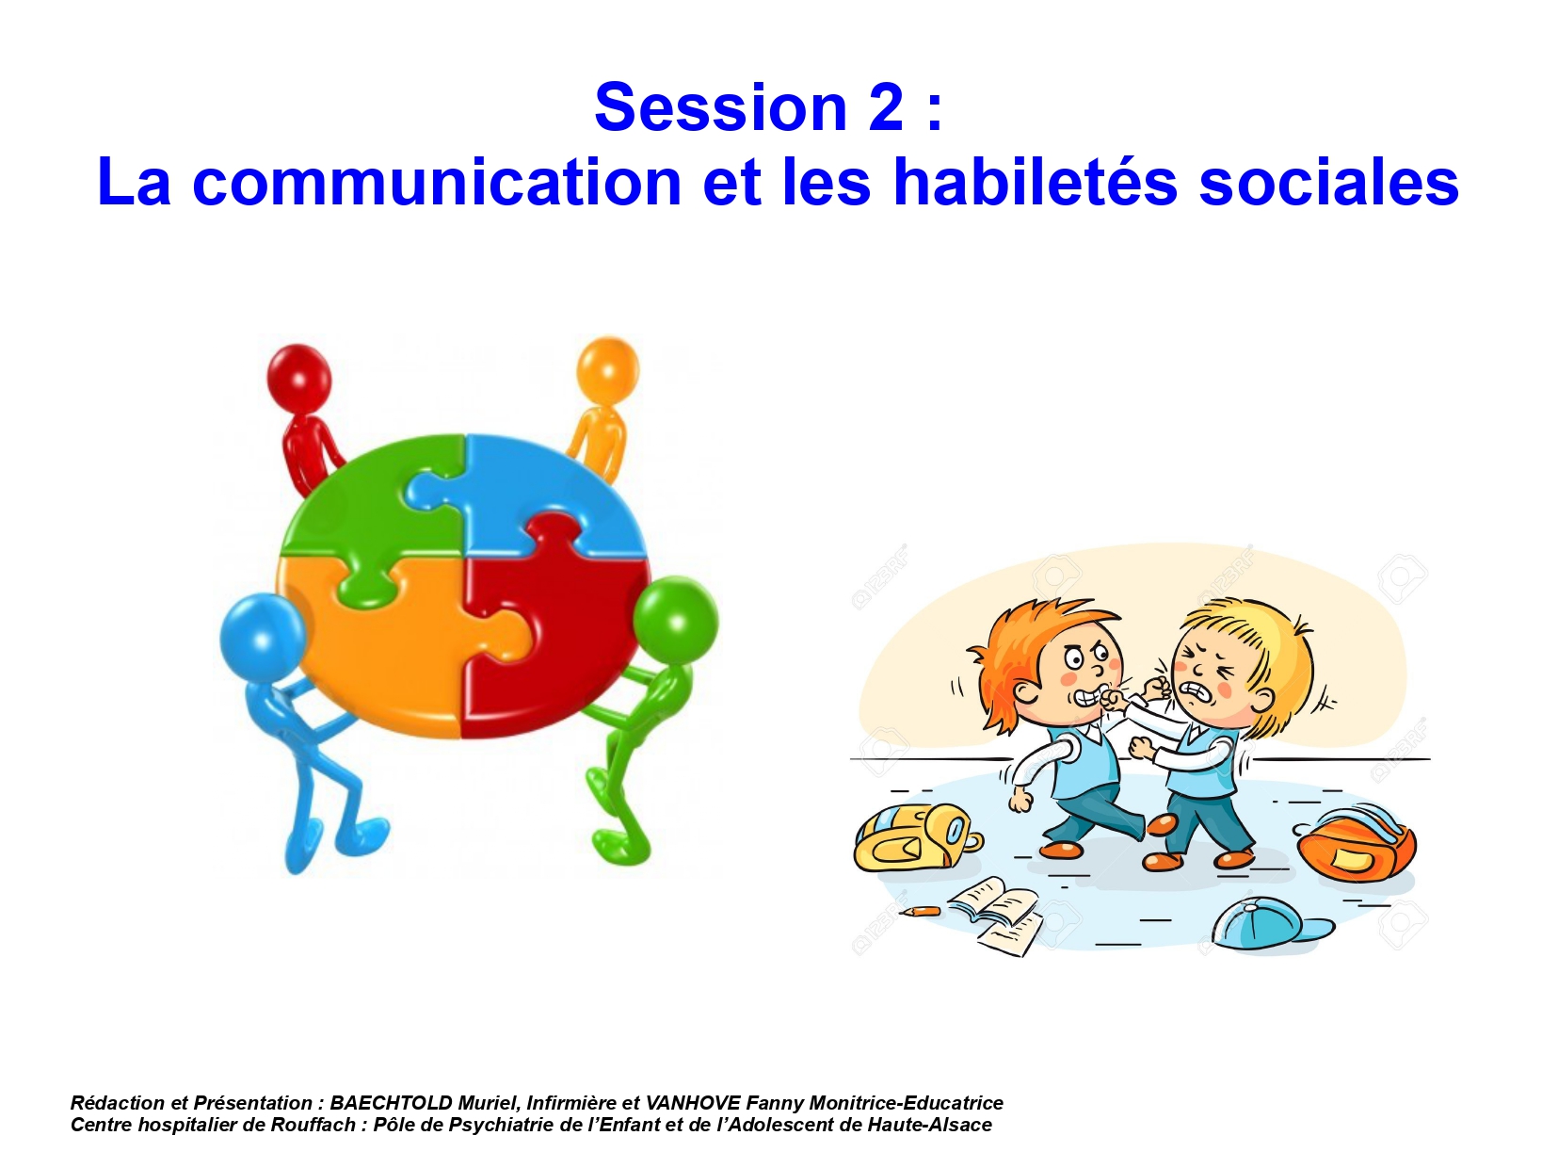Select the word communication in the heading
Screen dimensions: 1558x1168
tap(437, 183)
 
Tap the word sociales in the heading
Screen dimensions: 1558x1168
tap(1328, 183)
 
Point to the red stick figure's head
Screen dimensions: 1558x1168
tap(298, 377)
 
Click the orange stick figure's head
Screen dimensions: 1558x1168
tap(607, 369)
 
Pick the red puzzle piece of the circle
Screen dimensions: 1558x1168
tap(554, 625)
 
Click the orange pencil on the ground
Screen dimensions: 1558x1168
tap(920, 911)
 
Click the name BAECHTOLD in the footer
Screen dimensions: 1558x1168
tap(391, 1103)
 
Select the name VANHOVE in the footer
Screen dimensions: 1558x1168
tap(692, 1103)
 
